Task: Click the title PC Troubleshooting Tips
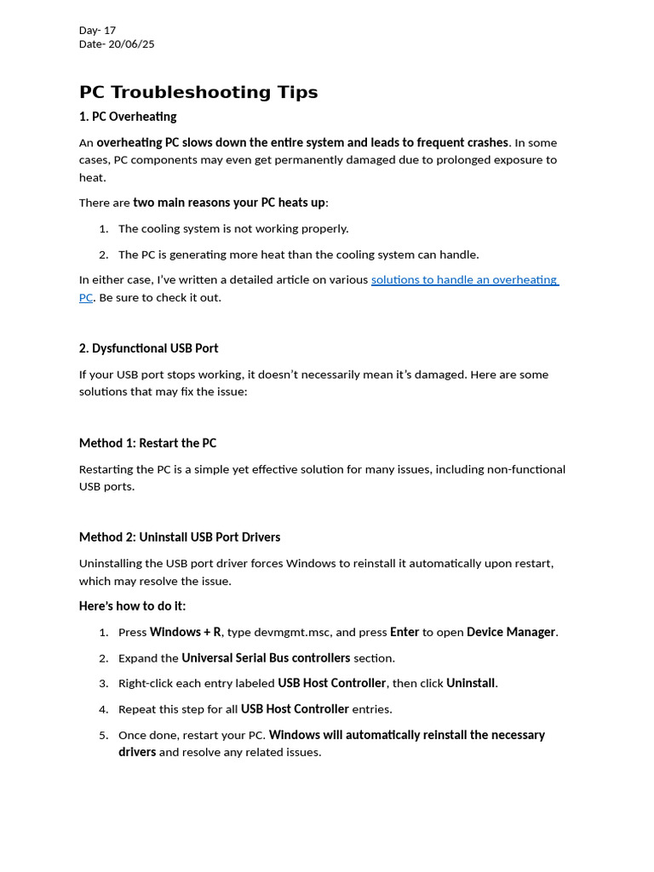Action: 198,92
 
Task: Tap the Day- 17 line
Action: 97,30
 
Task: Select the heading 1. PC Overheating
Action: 128,117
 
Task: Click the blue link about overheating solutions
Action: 464,279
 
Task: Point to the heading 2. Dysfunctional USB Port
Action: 148,348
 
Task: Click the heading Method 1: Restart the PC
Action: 147,443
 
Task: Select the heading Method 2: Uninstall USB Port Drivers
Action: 180,537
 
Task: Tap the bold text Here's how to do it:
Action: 132,606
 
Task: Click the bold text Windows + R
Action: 185,632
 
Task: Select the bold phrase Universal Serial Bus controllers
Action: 266,657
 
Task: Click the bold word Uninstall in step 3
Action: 471,683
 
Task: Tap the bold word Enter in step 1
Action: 404,632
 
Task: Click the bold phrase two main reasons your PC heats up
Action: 229,203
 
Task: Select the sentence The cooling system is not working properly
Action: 233,228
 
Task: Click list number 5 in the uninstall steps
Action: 103,735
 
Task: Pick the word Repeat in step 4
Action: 137,708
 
